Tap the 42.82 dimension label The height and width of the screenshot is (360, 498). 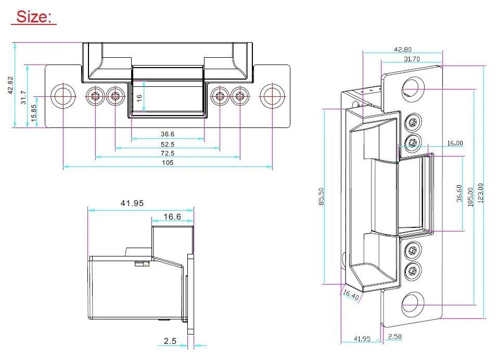pos(10,85)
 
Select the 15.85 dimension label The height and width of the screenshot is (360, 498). pos(34,113)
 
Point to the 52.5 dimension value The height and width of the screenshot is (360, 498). pos(168,145)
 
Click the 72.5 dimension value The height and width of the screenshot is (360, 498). pos(168,153)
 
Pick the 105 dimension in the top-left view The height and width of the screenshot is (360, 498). pos(168,163)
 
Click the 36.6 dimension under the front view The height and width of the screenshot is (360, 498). pos(168,134)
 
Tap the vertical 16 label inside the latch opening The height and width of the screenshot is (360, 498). pos(139,98)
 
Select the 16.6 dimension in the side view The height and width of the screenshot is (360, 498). pos(172,217)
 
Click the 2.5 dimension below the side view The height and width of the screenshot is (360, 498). pos(170,341)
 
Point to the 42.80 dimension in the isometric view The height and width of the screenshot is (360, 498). pos(403,49)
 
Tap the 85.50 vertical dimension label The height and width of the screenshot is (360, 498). pos(321,197)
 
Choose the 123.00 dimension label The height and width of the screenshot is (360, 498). pos(480,193)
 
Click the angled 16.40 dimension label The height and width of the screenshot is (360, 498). pos(351,294)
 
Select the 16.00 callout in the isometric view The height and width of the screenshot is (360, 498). pos(455,143)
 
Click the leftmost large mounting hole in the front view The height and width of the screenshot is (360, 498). pos(63,96)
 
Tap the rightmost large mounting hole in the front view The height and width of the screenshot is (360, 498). pos(272,96)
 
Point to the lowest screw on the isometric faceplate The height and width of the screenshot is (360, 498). pos(413,271)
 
